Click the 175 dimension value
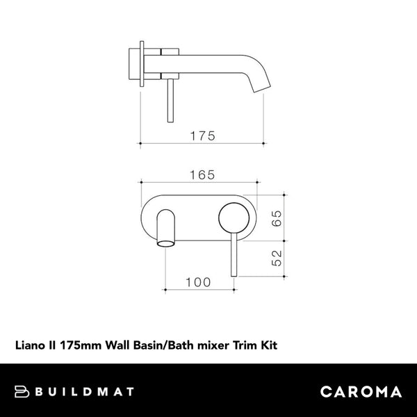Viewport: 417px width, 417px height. (x=202, y=136)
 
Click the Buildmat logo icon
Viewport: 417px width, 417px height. (x=23, y=391)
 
